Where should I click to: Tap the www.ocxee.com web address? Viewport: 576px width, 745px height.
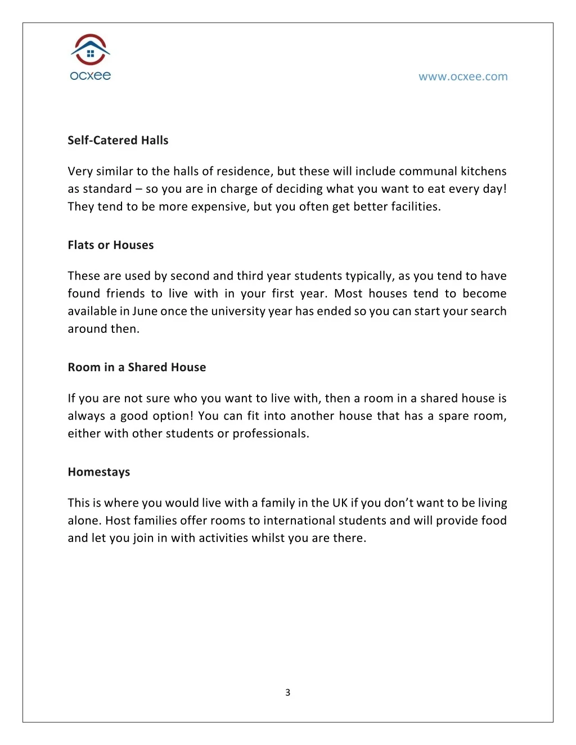point(462,76)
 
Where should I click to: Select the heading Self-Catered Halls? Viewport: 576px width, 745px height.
point(118,141)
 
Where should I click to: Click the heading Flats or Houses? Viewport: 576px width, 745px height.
point(111,245)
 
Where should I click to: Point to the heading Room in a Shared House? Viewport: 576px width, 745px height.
point(137,367)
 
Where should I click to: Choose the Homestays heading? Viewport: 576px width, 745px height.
point(99,472)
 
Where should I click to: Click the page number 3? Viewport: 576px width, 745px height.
point(288,692)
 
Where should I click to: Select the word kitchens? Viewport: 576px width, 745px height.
point(484,171)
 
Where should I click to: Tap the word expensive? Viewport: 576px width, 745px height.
point(219,206)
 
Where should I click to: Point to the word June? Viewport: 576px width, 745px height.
point(145,311)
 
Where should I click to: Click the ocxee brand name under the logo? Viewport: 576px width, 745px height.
point(91,75)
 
